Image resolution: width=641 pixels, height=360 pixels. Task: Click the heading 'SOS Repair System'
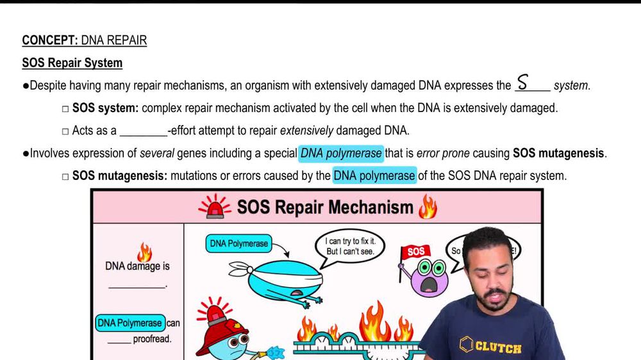coord(72,63)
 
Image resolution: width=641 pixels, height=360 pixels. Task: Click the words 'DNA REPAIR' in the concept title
coord(113,40)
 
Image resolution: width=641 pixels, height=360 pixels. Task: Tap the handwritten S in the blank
coord(523,83)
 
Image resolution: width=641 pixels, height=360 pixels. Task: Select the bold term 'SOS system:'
coord(105,108)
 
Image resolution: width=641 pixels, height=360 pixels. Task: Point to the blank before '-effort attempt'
coord(143,131)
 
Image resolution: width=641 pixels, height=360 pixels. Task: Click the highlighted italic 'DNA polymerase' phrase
coord(342,153)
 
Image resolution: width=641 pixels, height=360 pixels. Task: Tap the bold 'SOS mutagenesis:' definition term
coord(119,175)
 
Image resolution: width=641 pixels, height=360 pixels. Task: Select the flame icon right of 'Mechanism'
coord(427,207)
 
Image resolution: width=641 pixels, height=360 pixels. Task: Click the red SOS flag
coord(415,252)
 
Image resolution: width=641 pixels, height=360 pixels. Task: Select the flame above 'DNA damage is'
coord(144,252)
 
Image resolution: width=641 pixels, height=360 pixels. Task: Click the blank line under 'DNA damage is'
coord(137,286)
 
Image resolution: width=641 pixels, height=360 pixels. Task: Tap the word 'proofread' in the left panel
coord(152,339)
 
